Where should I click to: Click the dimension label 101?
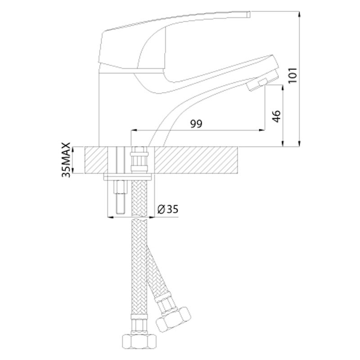(x=292, y=76)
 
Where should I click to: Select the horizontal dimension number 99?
(x=196, y=124)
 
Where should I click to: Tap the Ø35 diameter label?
(x=168, y=209)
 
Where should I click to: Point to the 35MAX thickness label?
(x=66, y=160)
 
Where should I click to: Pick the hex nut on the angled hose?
(x=173, y=319)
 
